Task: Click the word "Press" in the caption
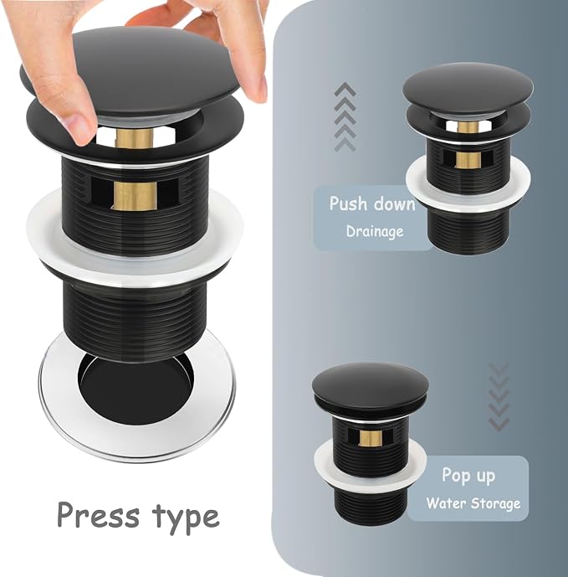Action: [98, 515]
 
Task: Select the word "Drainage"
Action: [375, 231]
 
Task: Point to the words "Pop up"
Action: [468, 476]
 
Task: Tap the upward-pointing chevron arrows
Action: [345, 116]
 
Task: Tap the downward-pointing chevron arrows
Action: [499, 397]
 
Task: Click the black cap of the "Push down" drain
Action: [468, 88]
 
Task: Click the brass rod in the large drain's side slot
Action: [136, 196]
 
